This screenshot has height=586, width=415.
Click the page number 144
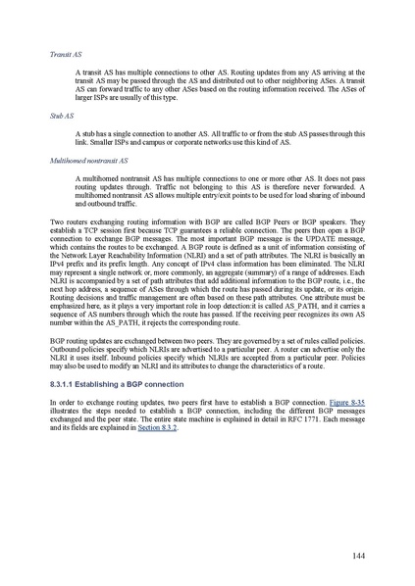[359, 556]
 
